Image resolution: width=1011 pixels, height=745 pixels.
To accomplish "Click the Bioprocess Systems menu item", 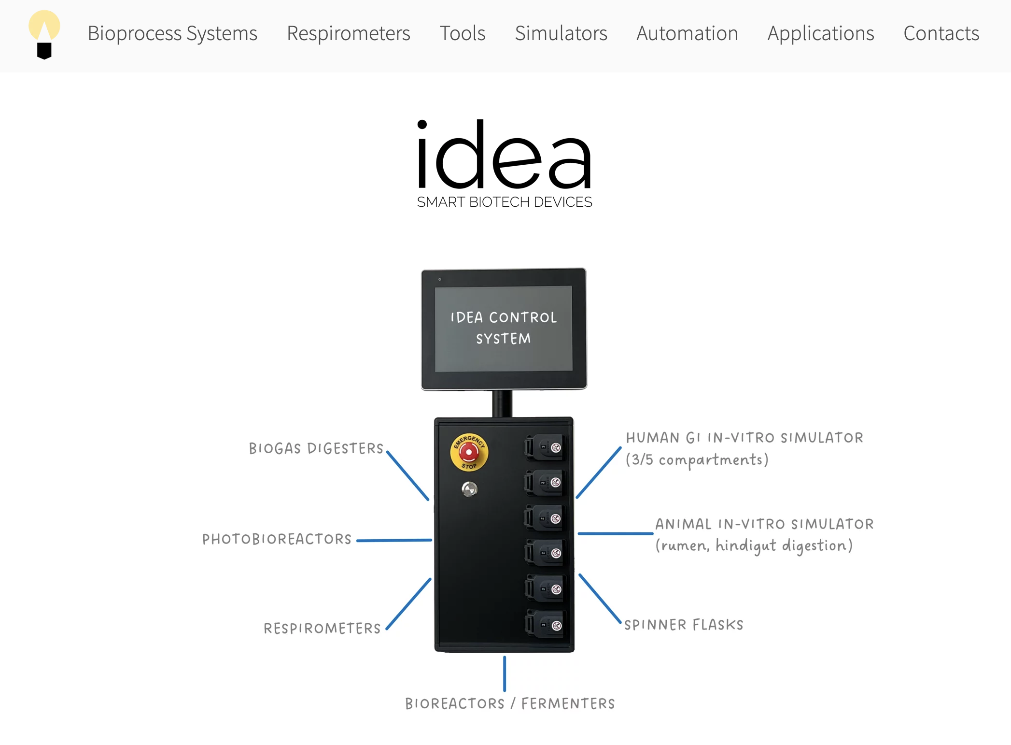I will coord(172,33).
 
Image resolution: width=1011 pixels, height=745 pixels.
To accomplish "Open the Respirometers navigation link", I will coord(348,33).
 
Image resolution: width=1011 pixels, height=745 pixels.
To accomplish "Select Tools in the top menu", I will coord(462,33).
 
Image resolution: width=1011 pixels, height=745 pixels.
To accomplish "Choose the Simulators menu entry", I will coord(561,33).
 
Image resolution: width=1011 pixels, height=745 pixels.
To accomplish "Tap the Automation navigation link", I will coord(687,33).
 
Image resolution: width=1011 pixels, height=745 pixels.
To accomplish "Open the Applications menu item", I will coord(820,33).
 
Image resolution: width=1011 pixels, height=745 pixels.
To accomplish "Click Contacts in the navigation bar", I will coord(941,33).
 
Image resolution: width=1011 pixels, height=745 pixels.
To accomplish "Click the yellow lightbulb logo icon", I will coord(44,34).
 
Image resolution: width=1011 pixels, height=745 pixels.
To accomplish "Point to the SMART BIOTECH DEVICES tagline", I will coord(505,202).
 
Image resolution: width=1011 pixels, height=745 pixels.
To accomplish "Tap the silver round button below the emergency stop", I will coord(469,489).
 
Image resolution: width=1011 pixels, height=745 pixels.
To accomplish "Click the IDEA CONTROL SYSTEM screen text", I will coord(504,328).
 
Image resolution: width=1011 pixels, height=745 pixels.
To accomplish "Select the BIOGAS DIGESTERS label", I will coord(316,448).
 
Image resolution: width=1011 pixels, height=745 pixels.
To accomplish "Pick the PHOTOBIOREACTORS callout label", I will coord(277,539).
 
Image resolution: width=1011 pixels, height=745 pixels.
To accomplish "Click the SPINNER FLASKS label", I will coord(684,625).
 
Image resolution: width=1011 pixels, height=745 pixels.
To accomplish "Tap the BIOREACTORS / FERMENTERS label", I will coord(510,703).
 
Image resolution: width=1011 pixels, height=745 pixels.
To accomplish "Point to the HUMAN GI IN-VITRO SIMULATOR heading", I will coord(744,438).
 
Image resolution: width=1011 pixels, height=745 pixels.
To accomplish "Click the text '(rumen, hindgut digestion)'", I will coord(754,546).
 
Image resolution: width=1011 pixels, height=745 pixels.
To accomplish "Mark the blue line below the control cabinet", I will coord(505,673).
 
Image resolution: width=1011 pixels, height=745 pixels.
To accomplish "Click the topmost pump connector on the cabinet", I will coord(544,447).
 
